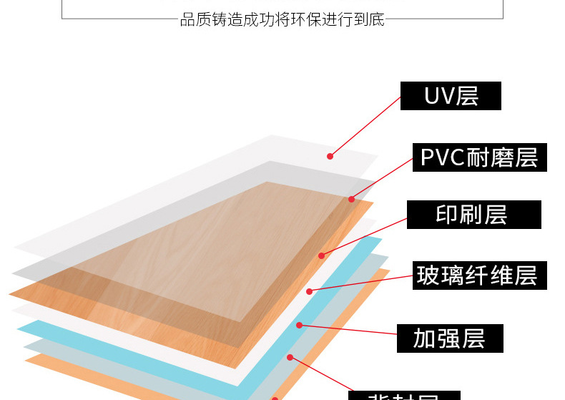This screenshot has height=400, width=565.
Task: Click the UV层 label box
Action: click(451, 96)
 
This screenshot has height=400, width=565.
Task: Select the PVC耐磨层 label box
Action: click(479, 157)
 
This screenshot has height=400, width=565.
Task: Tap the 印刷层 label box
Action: click(473, 215)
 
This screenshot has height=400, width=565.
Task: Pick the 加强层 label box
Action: click(450, 338)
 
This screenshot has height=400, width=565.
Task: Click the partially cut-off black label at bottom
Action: click(404, 396)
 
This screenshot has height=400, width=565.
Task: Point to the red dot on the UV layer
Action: click(330, 156)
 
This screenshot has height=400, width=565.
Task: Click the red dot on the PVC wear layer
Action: click(351, 199)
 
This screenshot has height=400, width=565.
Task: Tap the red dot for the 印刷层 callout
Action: click(321, 255)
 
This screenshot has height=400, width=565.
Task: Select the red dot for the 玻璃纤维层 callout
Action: click(309, 291)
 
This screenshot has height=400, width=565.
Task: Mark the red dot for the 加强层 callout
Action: click(300, 325)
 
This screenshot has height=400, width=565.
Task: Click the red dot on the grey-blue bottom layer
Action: click(290, 357)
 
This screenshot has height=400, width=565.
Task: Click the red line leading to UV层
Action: click(365, 126)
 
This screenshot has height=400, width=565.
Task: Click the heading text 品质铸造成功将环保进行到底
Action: click(282, 20)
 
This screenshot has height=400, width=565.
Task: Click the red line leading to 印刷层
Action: click(365, 234)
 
